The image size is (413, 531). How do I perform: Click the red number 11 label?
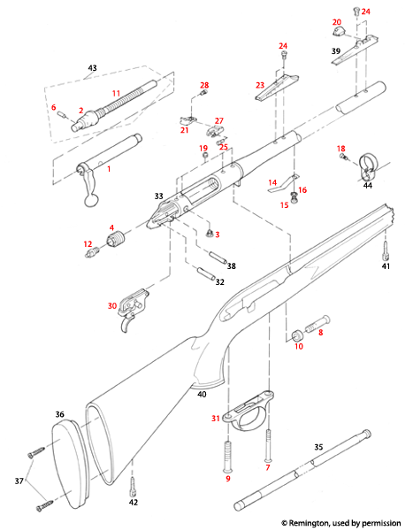click(x=116, y=92)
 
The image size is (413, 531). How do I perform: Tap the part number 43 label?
click(x=92, y=67)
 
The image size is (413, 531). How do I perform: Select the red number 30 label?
click(x=112, y=305)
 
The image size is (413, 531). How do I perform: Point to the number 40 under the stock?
click(x=202, y=394)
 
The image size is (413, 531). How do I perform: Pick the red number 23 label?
click(x=261, y=85)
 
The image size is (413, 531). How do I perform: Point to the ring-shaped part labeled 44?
click(x=371, y=168)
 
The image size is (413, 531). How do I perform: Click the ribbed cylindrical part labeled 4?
click(x=119, y=242)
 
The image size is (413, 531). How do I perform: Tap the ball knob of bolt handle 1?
click(x=89, y=203)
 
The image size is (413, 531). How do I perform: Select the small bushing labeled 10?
click(x=298, y=336)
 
